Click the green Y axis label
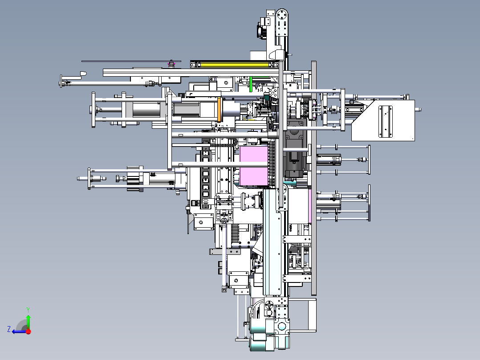28,310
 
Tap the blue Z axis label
9,329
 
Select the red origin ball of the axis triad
28,331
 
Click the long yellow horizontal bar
235,64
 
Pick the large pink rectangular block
254,166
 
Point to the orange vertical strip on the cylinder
219,109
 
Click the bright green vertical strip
251,84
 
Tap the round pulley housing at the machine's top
282,15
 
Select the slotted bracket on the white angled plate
386,121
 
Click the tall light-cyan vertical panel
272,242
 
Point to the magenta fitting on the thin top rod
171,64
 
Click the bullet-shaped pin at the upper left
83,74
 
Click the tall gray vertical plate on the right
314,178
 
